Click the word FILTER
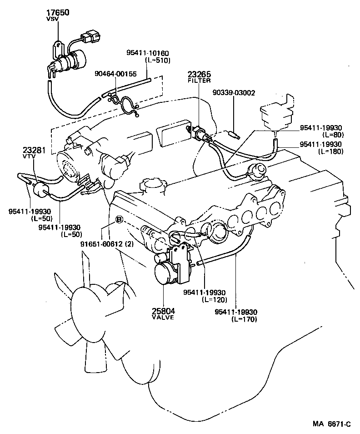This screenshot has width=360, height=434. [x=199, y=81]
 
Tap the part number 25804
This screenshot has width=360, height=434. [x=163, y=311]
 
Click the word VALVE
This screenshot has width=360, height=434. [x=163, y=318]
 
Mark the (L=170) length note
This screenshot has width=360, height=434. [x=244, y=319]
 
